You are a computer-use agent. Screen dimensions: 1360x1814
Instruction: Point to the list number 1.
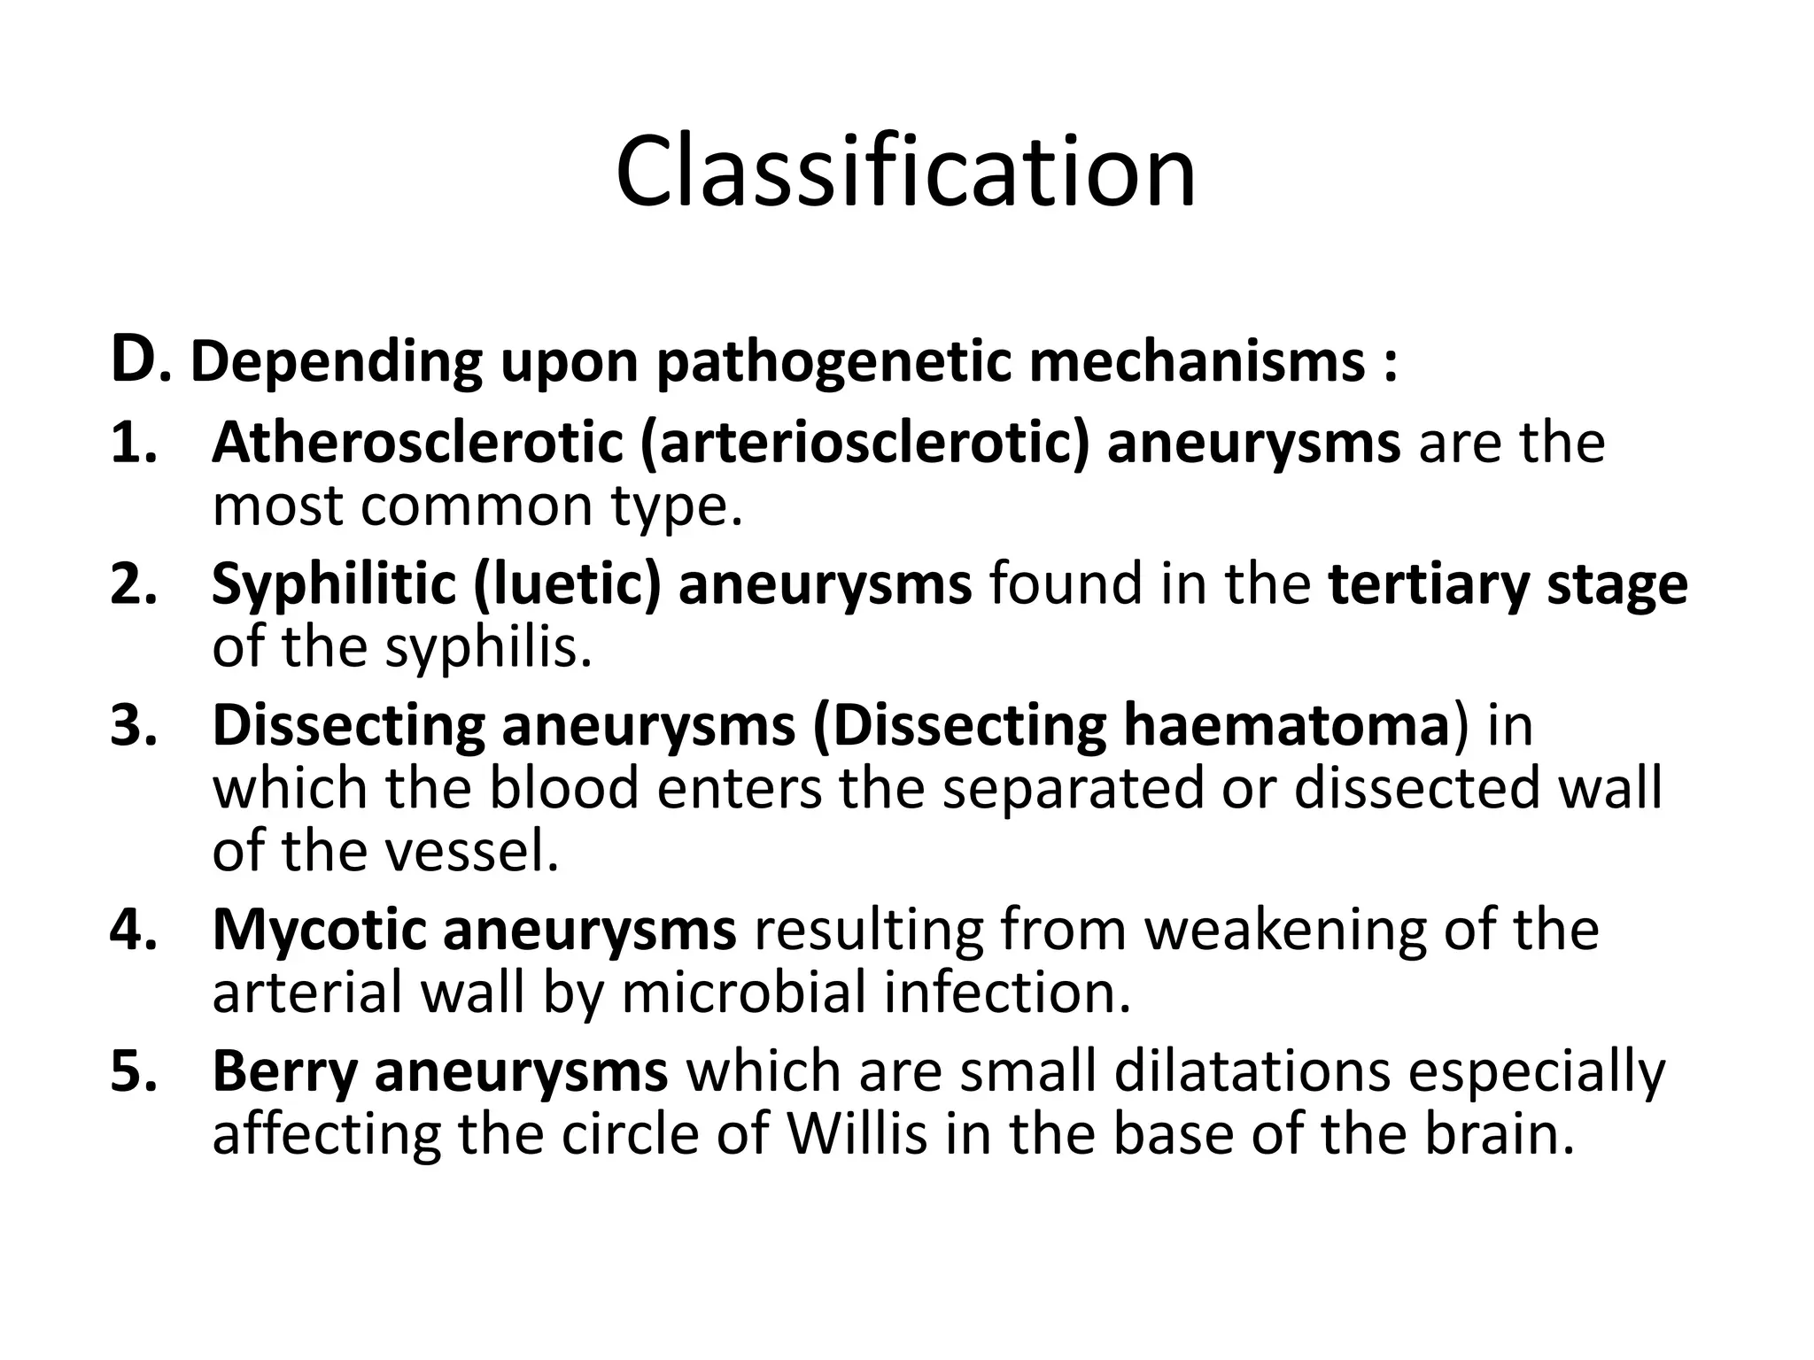(x=134, y=443)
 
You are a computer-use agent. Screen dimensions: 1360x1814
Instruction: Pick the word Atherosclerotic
(x=417, y=443)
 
